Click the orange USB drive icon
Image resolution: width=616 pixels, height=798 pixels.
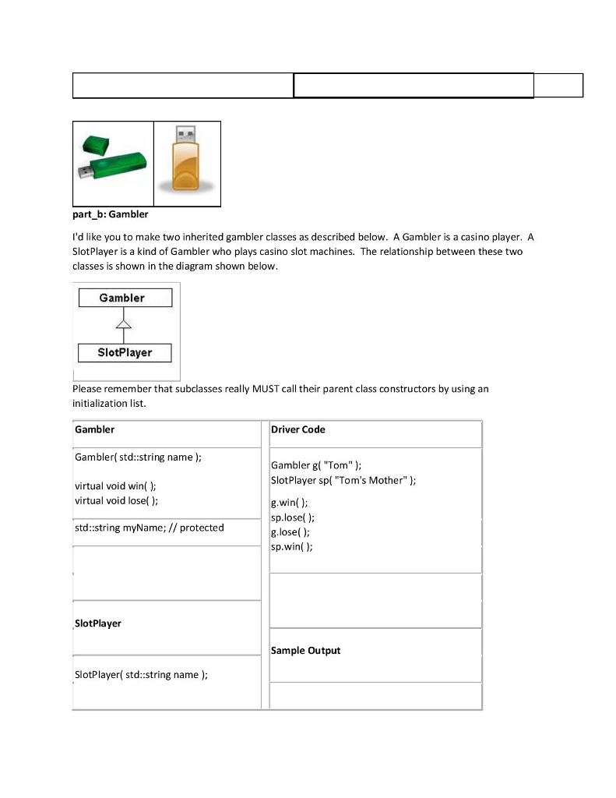pos(187,163)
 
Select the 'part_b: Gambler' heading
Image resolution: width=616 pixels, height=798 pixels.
pos(110,214)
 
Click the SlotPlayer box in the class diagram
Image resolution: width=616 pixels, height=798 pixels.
pos(125,352)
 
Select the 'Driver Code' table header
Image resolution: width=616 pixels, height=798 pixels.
pos(298,429)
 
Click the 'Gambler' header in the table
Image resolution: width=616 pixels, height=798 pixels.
pos(95,429)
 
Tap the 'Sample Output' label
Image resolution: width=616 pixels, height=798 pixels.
pos(306,651)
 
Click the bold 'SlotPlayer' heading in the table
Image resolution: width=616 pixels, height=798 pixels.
pos(98,623)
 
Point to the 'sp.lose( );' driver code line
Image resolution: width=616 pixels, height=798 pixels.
pos(293,517)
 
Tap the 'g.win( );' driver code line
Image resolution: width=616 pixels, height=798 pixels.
pos(290,503)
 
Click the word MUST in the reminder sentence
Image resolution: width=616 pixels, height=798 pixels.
pos(265,389)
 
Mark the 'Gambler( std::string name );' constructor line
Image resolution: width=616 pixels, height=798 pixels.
pos(138,457)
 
